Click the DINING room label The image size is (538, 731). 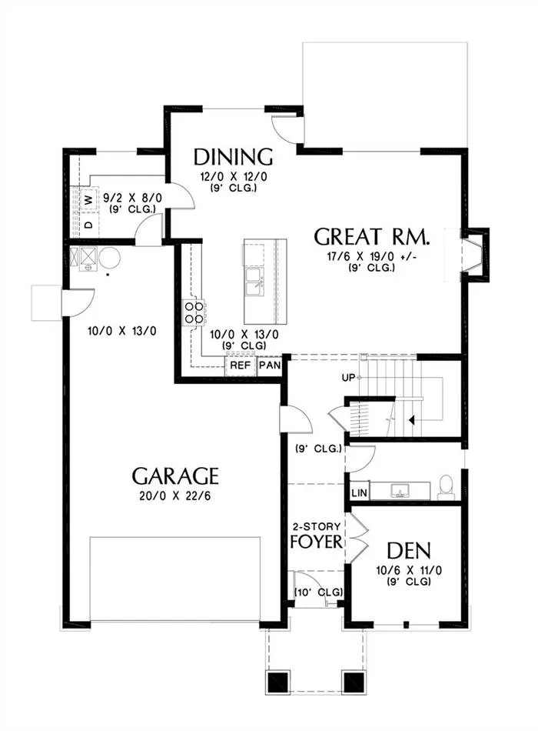click(x=233, y=157)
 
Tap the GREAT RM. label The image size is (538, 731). click(x=372, y=237)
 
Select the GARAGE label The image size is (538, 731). click(x=175, y=476)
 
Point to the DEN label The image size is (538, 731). click(x=409, y=551)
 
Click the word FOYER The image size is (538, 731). click(x=317, y=542)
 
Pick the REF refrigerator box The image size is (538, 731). click(x=241, y=365)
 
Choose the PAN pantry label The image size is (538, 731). click(x=271, y=365)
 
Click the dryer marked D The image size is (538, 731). click(x=89, y=225)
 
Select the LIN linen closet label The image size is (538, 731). click(x=359, y=492)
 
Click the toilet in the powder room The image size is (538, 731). click(x=447, y=488)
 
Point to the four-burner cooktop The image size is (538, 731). click(x=194, y=312)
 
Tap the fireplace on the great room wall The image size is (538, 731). click(x=475, y=255)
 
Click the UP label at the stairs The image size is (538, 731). click(x=348, y=378)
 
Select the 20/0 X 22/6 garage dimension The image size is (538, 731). click(x=175, y=496)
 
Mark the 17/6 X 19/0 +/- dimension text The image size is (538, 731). click(x=372, y=256)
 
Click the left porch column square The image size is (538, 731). click(x=278, y=683)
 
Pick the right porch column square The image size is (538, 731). click(x=354, y=683)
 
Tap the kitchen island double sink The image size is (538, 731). click(x=254, y=282)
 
